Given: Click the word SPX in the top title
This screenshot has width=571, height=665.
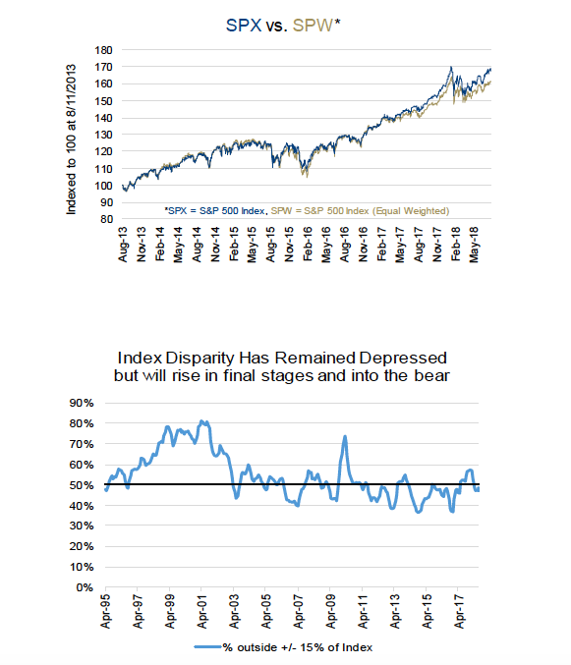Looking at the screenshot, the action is click(244, 26).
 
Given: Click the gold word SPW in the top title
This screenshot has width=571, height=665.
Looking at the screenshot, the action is click(313, 26).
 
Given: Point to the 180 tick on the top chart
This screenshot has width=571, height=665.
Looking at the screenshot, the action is click(103, 50).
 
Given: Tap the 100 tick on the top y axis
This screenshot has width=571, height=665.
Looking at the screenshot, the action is click(103, 186).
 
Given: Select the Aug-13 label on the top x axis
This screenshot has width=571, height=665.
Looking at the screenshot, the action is click(123, 245).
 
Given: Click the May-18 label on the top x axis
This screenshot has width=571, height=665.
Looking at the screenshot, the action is click(474, 245).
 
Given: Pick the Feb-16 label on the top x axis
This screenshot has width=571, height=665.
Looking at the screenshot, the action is click(308, 245).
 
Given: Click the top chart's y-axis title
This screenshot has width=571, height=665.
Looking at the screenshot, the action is click(71, 139).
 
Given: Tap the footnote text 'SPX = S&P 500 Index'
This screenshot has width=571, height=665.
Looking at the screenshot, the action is click(216, 211).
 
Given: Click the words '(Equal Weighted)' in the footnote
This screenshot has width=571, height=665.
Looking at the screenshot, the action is click(411, 211).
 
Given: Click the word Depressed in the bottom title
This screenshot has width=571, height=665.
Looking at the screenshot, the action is click(403, 358).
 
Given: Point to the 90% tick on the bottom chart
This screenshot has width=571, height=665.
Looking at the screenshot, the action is click(82, 403).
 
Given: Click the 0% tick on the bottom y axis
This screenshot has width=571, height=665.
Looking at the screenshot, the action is click(85, 587).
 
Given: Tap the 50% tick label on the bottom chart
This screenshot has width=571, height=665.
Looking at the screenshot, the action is click(82, 485).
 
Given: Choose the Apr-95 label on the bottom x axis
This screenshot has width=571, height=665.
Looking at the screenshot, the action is click(105, 611).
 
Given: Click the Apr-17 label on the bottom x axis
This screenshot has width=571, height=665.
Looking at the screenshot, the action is click(459, 611).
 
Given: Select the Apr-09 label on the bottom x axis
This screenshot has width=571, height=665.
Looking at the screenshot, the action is click(330, 611).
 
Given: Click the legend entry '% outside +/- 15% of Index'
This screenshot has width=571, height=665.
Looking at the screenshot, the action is click(283, 647).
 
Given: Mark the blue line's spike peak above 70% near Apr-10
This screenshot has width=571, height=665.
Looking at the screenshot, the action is click(345, 436).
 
